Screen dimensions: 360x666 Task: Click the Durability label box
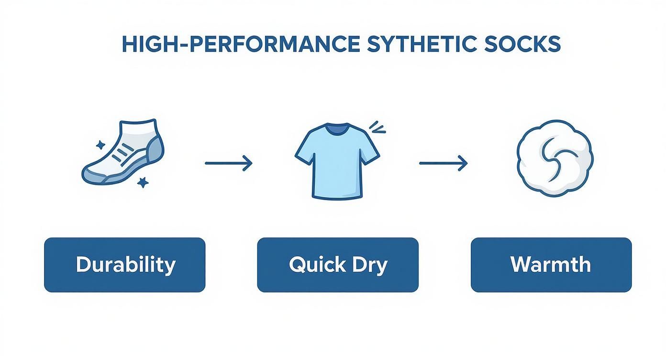coord(125,265)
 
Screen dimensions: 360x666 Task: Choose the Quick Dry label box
coord(338,265)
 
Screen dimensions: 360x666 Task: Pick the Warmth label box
coord(551,265)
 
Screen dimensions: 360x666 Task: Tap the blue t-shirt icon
coord(337,160)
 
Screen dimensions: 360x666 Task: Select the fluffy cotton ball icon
coord(555,158)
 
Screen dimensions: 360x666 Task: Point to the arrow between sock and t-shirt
coord(228,164)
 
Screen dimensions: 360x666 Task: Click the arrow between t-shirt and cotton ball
coord(443,164)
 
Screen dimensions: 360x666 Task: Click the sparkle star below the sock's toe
coord(142,182)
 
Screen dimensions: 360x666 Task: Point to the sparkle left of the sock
coord(100,145)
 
